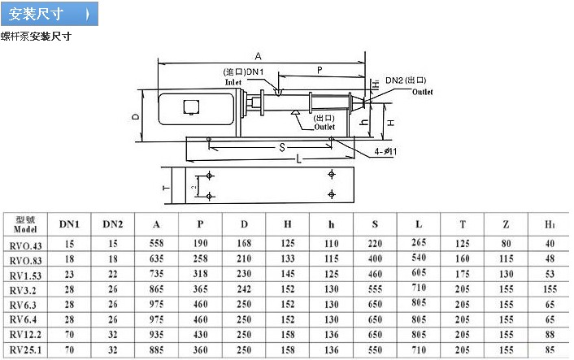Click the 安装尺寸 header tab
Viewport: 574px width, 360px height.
pos(49,15)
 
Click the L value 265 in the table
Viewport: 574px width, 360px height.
pos(419,243)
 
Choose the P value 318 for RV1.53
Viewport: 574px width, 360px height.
pos(201,274)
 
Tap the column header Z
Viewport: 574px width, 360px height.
pos(507,224)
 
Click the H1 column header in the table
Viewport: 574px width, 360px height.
pos(550,224)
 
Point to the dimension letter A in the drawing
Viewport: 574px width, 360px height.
pos(258,56)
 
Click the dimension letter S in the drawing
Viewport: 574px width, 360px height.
pos(281,147)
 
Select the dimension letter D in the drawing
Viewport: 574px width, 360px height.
pos(136,116)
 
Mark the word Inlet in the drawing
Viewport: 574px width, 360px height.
pos(234,82)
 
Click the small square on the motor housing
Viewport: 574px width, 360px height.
pos(192,106)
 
